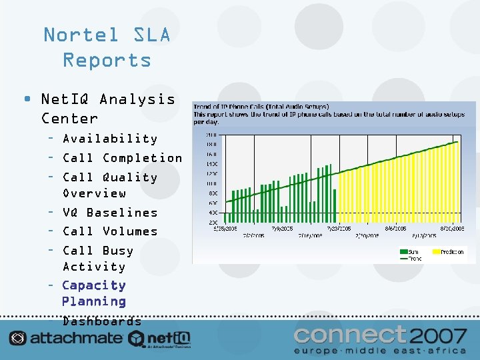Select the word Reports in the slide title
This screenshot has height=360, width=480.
pos(107,60)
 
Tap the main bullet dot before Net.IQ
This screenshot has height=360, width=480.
pos(26,99)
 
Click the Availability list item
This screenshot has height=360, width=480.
pos(110,139)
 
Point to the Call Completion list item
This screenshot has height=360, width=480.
pos(122,158)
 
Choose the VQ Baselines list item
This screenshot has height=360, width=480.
pos(110,213)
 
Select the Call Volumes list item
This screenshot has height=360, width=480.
pos(110,231)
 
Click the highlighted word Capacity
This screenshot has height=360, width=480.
pos(93,285)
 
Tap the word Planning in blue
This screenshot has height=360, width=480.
pos(93,301)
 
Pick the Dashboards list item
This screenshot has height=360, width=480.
pos(102,321)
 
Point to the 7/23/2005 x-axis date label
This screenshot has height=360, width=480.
pos(339,228)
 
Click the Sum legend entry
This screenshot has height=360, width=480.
pos(411,252)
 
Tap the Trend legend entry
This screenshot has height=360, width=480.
pos(411,258)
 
